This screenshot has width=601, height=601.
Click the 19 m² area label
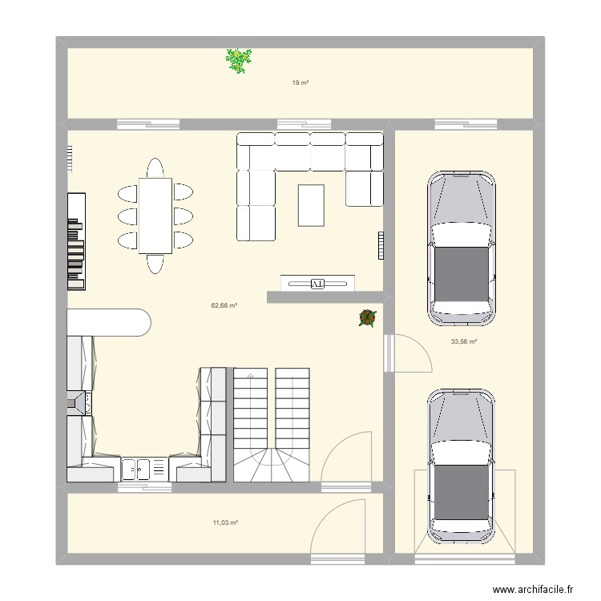tap(300, 83)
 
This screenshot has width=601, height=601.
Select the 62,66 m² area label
tap(224, 305)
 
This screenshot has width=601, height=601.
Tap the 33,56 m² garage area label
tap(464, 341)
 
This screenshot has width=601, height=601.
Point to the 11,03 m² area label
tap(225, 522)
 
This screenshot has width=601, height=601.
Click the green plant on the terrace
tap(238, 61)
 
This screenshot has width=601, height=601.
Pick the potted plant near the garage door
tap(367, 318)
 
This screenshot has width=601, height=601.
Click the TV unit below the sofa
tap(317, 283)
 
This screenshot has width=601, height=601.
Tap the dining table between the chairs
tap(155, 216)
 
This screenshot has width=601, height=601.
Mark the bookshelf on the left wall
tap(75, 241)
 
